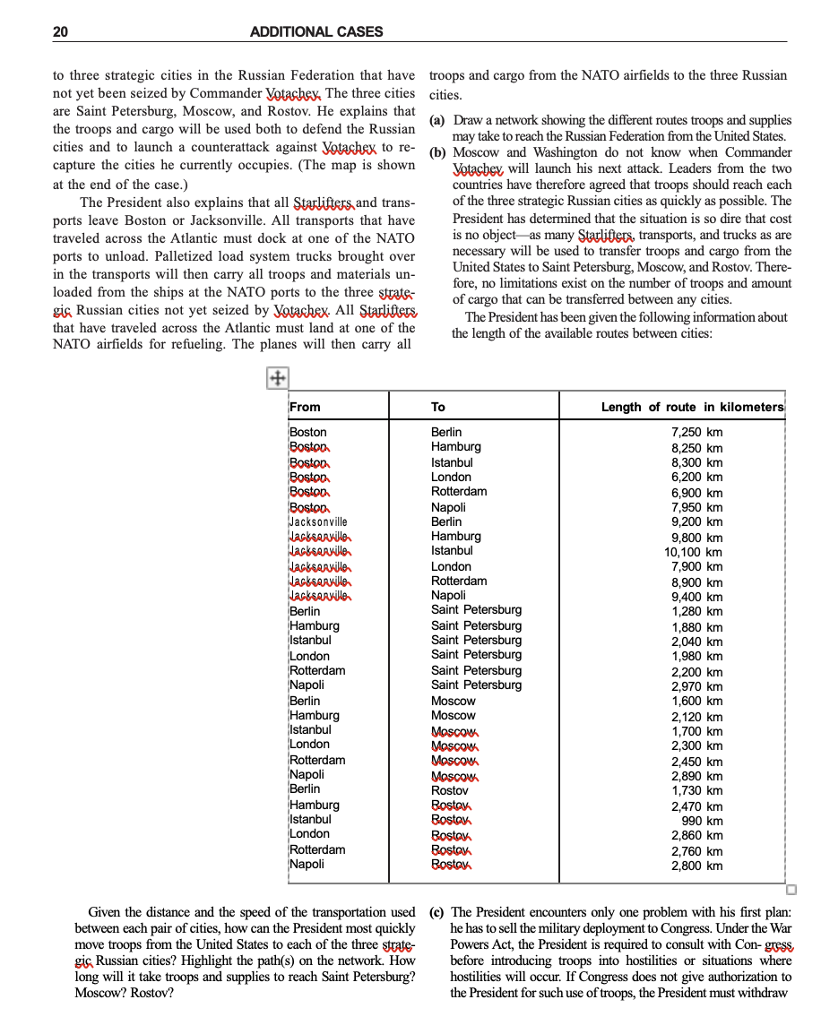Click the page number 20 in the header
pyautogui.click(x=60, y=32)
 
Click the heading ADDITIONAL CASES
pyautogui.click(x=315, y=32)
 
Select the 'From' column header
pyautogui.click(x=305, y=407)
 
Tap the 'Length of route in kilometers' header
pyautogui.click(x=692, y=407)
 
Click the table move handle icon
pyautogui.click(x=277, y=379)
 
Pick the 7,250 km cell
pyautogui.click(x=696, y=433)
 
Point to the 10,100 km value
pyautogui.click(x=693, y=552)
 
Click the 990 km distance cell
pyautogui.click(x=702, y=821)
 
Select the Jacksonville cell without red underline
pyautogui.click(x=318, y=521)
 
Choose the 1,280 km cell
pyautogui.click(x=696, y=612)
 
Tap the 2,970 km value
pyautogui.click(x=696, y=686)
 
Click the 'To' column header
pyautogui.click(x=438, y=407)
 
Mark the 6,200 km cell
pyautogui.click(x=696, y=478)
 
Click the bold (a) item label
pyautogui.click(x=438, y=120)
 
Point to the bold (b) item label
pyautogui.click(x=438, y=152)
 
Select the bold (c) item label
pyautogui.click(x=438, y=912)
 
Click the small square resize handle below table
pyautogui.click(x=791, y=890)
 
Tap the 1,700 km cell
pyautogui.click(x=696, y=731)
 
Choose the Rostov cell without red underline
pyautogui.click(x=449, y=790)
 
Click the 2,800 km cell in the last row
pyautogui.click(x=696, y=866)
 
